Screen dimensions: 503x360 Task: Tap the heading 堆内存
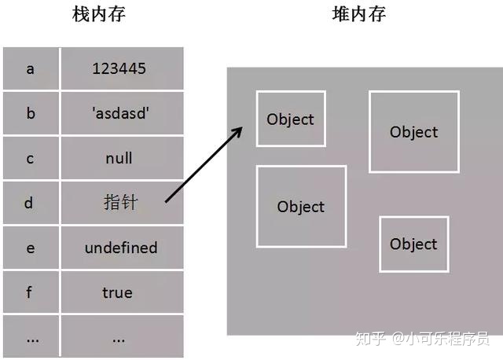pyautogui.click(x=359, y=14)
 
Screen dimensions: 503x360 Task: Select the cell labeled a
pyautogui.click(x=31, y=68)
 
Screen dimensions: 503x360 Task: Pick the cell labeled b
pyautogui.click(x=31, y=113)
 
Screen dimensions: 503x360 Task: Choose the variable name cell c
pyautogui.click(x=31, y=158)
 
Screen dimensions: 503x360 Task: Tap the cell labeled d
pyautogui.click(x=31, y=203)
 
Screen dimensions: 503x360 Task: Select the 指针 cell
pyautogui.click(x=120, y=203)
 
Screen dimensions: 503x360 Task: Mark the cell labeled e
pyautogui.click(x=31, y=248)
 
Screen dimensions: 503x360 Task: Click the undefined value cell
pyautogui.click(x=121, y=248)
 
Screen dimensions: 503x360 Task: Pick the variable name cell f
pyautogui.click(x=31, y=292)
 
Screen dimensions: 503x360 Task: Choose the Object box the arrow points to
pyautogui.click(x=290, y=119)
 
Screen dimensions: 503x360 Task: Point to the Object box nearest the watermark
pyautogui.click(x=413, y=244)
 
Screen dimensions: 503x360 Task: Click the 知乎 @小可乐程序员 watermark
pyautogui.click(x=421, y=339)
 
